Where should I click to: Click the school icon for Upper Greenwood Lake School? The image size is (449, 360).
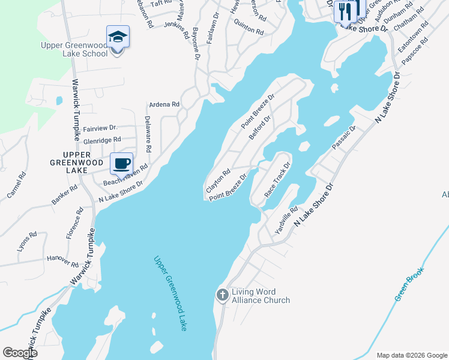click(118, 37)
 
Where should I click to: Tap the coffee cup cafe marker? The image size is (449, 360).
click(121, 163)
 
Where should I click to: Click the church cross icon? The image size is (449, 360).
click(222, 295)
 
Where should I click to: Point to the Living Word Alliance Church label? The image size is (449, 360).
click(261, 296)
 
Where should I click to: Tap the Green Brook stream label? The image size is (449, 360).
click(409, 284)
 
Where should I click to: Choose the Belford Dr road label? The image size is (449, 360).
click(260, 128)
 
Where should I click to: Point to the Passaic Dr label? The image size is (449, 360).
click(345, 138)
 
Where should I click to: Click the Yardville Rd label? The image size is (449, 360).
click(286, 220)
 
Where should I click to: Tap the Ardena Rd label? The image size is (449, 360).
click(164, 104)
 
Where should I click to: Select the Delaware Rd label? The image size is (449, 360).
click(148, 133)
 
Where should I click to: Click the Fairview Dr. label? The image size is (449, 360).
click(100, 128)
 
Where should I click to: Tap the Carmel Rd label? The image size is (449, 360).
click(16, 185)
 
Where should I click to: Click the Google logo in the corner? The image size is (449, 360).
click(20, 353)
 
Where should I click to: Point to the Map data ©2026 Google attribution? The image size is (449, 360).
click(412, 355)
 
